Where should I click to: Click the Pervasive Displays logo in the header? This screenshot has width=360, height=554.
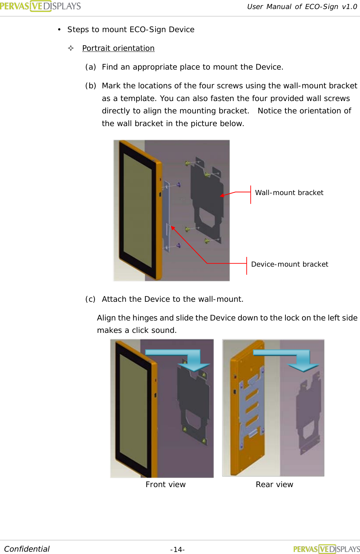click(x=40, y=6)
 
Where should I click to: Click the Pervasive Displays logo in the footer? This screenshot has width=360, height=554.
click(x=326, y=549)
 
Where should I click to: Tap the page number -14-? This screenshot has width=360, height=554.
click(x=177, y=549)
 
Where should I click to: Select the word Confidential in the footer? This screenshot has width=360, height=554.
click(x=27, y=549)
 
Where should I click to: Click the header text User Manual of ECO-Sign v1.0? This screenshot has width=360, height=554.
click(x=302, y=7)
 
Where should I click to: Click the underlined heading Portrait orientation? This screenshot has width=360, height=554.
click(x=118, y=48)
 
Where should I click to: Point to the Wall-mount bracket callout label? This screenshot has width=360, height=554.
click(x=289, y=193)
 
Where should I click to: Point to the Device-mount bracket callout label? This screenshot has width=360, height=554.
click(x=289, y=264)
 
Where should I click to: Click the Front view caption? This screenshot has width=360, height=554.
click(x=165, y=484)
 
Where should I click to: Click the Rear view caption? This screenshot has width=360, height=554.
click(x=274, y=484)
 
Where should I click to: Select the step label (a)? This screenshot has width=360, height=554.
click(x=91, y=67)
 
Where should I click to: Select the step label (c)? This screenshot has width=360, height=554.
click(x=90, y=299)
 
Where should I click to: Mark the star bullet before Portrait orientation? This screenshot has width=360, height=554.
click(x=71, y=48)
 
